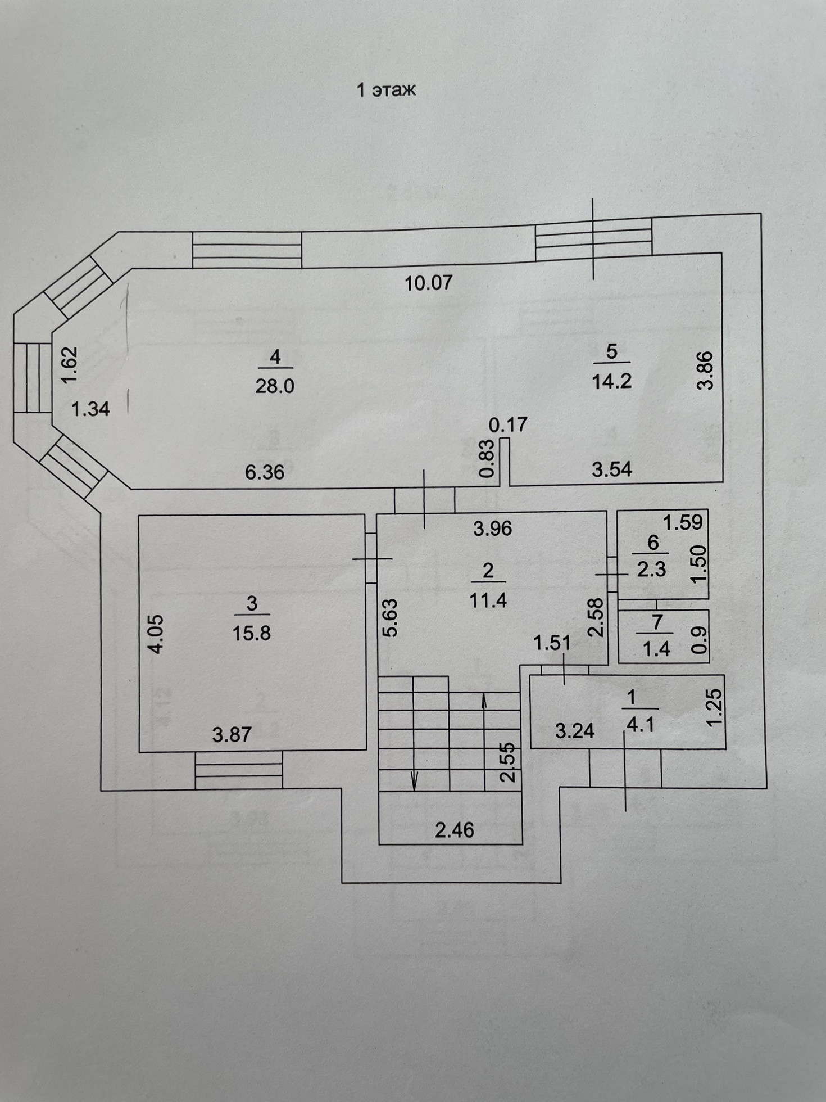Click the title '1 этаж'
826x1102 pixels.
pyautogui.click(x=387, y=90)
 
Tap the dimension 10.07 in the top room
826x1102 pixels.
pyautogui.click(x=429, y=282)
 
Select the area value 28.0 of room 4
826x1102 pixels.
pyautogui.click(x=275, y=386)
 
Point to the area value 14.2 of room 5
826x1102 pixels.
pyautogui.click(x=611, y=381)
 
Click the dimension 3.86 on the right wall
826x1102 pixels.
pyautogui.click(x=705, y=370)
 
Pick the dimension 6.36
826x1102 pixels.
pyautogui.click(x=265, y=472)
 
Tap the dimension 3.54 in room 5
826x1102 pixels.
pyautogui.click(x=612, y=469)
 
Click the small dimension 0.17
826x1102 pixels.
pyautogui.click(x=508, y=424)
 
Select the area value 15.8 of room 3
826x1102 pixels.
pyautogui.click(x=251, y=634)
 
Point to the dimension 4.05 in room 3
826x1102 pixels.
pyautogui.click(x=157, y=634)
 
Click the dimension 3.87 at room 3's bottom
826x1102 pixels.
pyautogui.click(x=232, y=735)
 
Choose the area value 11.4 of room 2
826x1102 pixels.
pyautogui.click(x=488, y=601)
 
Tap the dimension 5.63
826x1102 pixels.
pyautogui.click(x=390, y=617)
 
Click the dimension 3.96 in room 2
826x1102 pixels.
pyautogui.click(x=492, y=529)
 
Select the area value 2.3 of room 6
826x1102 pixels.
pyautogui.click(x=651, y=570)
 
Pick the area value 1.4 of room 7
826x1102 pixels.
pyautogui.click(x=656, y=649)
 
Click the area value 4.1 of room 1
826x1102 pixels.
pyautogui.click(x=641, y=725)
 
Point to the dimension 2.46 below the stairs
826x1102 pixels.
pyautogui.click(x=455, y=830)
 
